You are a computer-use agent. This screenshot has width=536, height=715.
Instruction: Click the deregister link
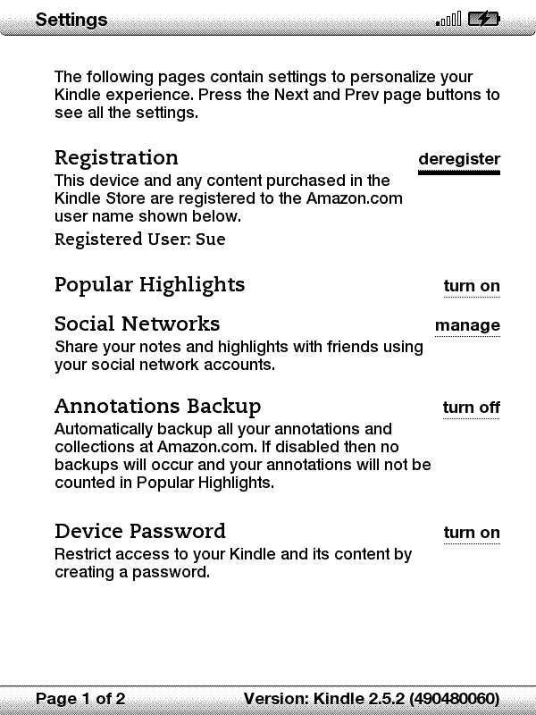click(458, 159)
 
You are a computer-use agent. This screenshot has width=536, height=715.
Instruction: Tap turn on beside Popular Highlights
click(472, 286)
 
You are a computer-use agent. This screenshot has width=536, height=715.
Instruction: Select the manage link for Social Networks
click(467, 325)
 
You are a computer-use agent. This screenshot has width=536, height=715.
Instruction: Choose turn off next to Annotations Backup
click(471, 408)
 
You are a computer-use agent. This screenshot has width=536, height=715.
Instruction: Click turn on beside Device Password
click(472, 533)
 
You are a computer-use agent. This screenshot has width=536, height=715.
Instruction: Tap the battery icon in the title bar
click(484, 19)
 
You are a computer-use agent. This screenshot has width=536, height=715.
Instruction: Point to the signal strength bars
click(448, 19)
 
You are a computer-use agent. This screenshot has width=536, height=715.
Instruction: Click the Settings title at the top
click(71, 19)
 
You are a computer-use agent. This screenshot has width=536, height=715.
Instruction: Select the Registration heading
click(116, 158)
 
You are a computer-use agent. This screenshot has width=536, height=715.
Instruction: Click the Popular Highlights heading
click(149, 285)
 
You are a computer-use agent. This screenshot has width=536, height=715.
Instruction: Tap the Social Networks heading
click(137, 324)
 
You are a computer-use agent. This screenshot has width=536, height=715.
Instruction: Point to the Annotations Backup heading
click(157, 407)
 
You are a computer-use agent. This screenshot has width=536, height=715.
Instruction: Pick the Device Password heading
click(139, 532)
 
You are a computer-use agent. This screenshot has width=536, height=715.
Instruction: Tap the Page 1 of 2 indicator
click(80, 698)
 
